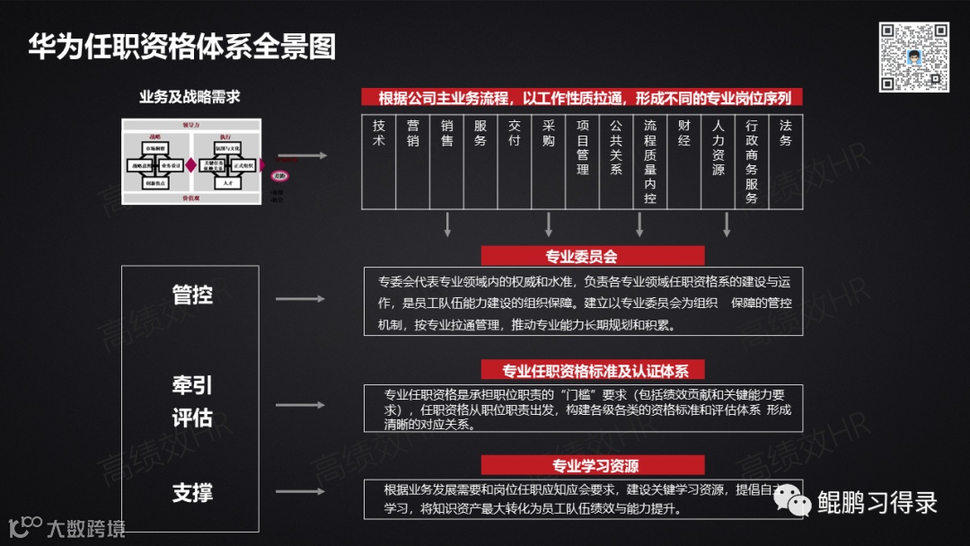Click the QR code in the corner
point(913,57)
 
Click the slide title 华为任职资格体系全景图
point(181,47)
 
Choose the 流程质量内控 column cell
point(650,162)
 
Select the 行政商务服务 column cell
point(752,162)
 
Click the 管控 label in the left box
point(192,295)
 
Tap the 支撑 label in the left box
point(192,492)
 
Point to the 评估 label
point(192,418)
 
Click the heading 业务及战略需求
point(190,97)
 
